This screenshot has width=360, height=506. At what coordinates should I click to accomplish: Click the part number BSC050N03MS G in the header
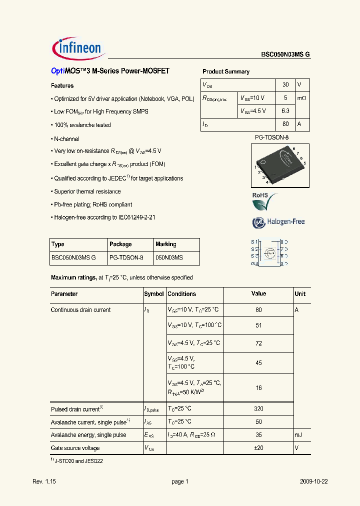pos(285,55)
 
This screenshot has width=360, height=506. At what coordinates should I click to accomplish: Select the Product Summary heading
pos(225,71)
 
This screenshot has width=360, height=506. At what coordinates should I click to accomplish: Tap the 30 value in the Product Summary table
pos(285,85)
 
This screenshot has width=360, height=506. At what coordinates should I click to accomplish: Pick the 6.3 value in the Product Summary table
pos(285,111)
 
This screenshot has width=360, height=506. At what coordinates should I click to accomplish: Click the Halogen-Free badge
pos(278,222)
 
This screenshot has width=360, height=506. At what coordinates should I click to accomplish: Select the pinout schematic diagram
pos(269,252)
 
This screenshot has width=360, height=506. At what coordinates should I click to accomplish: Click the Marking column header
pos(166,244)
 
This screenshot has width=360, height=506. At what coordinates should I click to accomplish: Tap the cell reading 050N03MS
pos(169,257)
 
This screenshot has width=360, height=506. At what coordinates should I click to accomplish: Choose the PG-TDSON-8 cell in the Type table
pos(126,257)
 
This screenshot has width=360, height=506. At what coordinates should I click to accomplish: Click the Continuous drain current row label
pos(81,310)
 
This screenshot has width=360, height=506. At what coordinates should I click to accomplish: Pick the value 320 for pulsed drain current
pos(258,409)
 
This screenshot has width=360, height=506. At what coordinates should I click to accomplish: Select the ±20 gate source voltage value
pos(258,448)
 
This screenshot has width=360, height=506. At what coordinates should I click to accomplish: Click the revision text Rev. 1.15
pos(43,481)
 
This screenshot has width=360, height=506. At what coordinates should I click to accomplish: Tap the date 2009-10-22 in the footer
pos(313,481)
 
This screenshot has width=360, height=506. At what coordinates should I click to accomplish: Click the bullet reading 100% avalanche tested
pos(81,125)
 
